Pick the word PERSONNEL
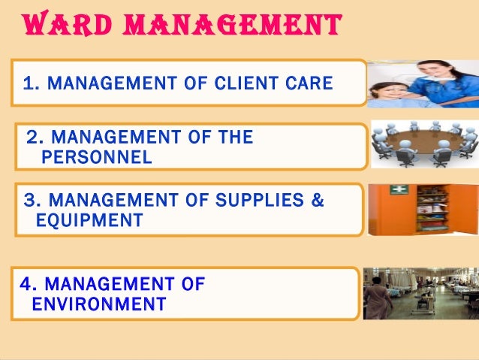[97, 157]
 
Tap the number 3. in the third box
[32, 201]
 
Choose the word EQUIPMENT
[89, 220]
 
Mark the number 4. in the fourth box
[30, 284]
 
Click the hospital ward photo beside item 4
[420, 292]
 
